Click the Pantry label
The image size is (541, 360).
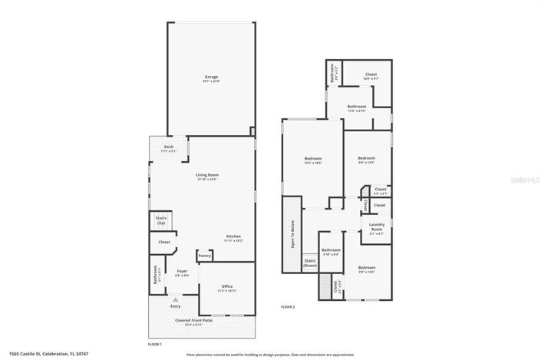pyautogui.click(x=205, y=256)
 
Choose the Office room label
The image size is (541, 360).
pyautogui.click(x=226, y=288)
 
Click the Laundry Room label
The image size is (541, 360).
pyautogui.click(x=377, y=230)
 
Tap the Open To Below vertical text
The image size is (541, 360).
pyautogui.click(x=292, y=235)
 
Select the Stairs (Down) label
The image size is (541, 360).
pyautogui.click(x=310, y=263)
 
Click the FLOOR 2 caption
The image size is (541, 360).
pyautogui.click(x=288, y=307)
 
